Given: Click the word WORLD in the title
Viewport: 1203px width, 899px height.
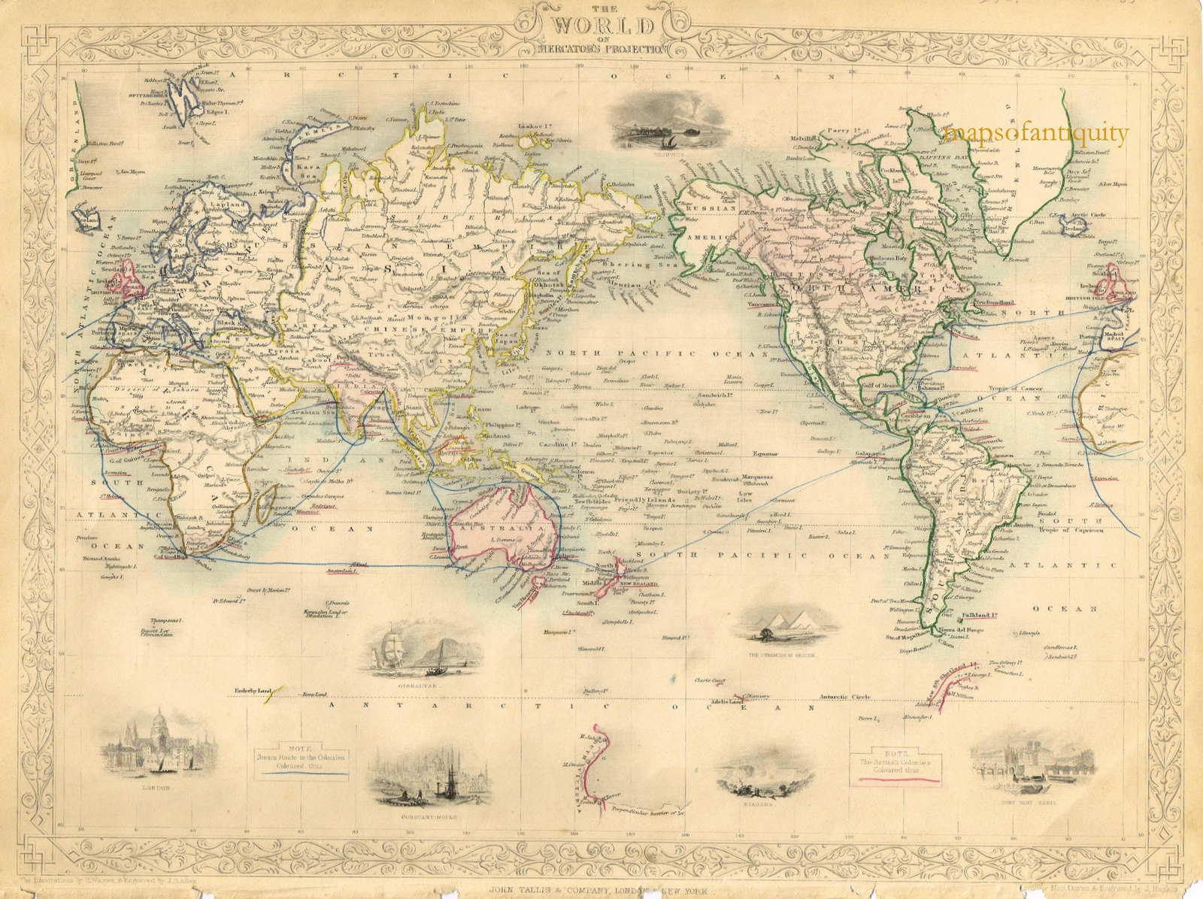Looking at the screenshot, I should [603, 26].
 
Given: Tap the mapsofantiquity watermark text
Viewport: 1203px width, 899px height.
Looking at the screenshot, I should [1037, 135].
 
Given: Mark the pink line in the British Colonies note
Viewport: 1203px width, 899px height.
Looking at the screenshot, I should [895, 780].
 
